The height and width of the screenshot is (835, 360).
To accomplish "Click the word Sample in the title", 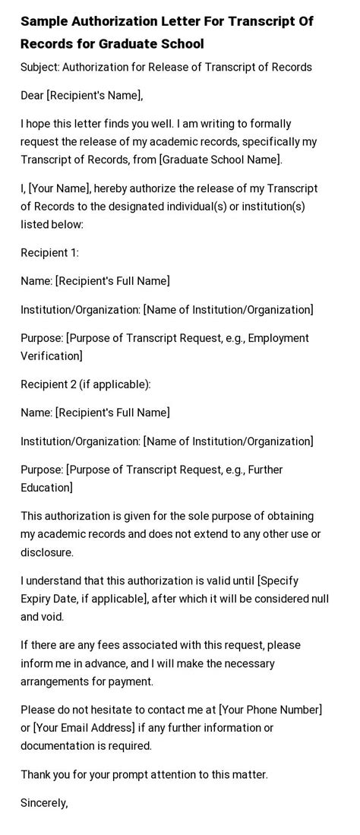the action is [45, 21].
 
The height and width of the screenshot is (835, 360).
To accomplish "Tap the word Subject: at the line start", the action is [40, 67].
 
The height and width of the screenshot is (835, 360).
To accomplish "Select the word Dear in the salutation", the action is [33, 95].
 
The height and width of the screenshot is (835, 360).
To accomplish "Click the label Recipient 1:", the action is [49, 253].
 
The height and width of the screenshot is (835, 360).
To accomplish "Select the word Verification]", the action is [52, 356].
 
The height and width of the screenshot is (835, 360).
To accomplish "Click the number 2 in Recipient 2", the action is [73, 384].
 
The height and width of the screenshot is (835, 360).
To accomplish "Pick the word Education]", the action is [47, 487].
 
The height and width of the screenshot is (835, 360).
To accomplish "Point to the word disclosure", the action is [47, 552].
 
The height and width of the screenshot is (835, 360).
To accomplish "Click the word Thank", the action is [36, 774].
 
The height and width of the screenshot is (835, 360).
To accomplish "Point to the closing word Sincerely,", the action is [44, 802].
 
